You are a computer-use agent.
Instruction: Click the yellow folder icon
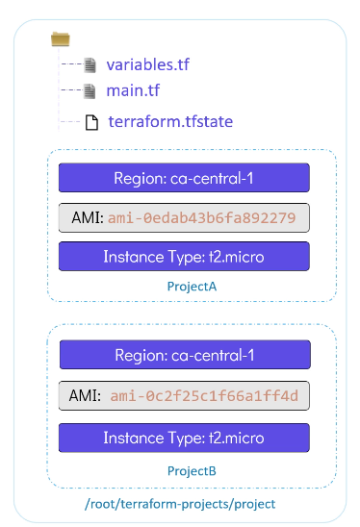click(x=61, y=39)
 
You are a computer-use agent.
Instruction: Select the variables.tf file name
click(x=147, y=64)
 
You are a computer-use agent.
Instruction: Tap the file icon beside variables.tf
click(x=90, y=65)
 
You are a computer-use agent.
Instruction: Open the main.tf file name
click(x=133, y=90)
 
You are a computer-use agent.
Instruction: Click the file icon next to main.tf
click(x=90, y=91)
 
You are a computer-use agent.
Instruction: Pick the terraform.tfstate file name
click(x=170, y=121)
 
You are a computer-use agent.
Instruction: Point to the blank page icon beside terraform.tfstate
click(x=91, y=122)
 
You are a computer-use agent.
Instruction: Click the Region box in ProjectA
click(x=184, y=178)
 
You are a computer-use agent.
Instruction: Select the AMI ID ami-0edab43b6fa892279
click(x=201, y=217)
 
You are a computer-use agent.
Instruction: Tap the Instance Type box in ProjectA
click(x=184, y=256)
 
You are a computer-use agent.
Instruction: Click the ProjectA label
click(x=192, y=287)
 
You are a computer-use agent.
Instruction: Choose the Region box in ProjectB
click(x=185, y=355)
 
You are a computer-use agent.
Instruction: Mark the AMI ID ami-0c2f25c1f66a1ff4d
click(x=204, y=396)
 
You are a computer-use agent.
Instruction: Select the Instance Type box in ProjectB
click(x=184, y=438)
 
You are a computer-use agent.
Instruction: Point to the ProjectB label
click(x=192, y=471)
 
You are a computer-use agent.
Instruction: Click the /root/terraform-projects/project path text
click(x=180, y=504)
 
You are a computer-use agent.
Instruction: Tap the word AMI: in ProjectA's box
click(x=88, y=217)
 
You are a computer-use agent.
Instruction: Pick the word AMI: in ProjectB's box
click(x=85, y=395)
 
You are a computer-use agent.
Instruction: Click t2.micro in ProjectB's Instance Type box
click(x=237, y=438)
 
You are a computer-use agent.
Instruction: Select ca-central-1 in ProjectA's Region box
click(x=212, y=178)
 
